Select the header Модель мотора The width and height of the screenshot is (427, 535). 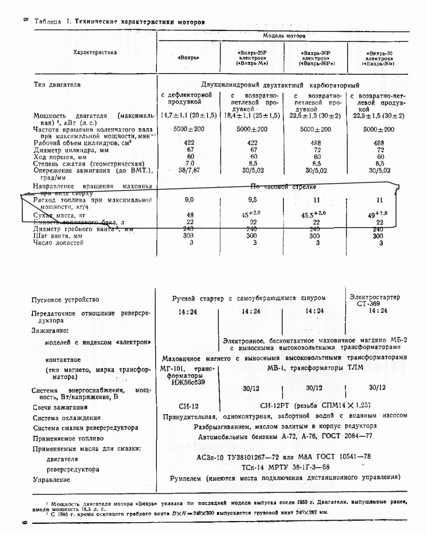point(284,36)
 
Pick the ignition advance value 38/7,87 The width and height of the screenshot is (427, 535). point(189,170)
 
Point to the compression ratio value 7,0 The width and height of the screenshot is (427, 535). point(189,163)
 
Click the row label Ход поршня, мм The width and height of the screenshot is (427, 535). point(60,156)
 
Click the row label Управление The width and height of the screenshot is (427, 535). point(52,480)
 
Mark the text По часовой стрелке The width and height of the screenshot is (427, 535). point(283,187)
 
